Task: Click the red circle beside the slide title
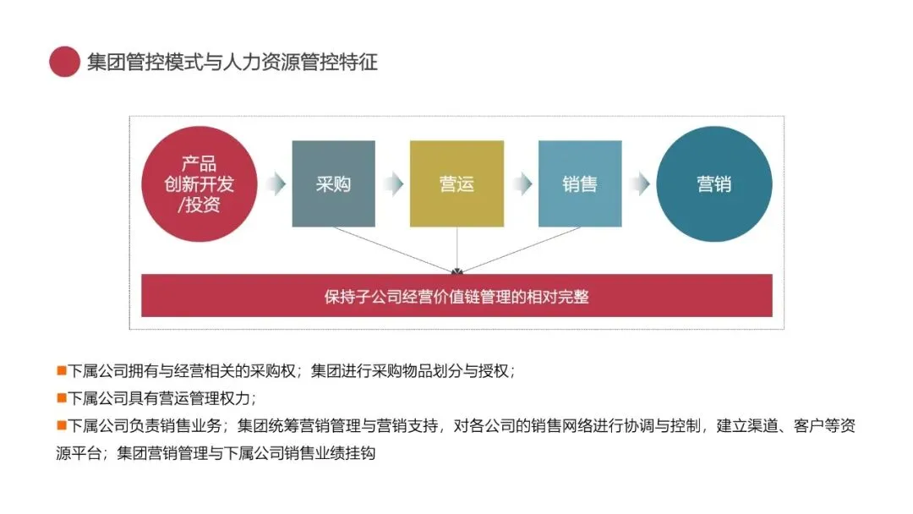tap(64, 62)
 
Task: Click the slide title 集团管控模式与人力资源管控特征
tap(232, 62)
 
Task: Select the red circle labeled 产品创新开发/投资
tap(200, 183)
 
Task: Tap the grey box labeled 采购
tap(333, 183)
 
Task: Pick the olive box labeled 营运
tap(456, 183)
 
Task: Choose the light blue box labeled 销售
tap(579, 183)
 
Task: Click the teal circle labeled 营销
tap(713, 183)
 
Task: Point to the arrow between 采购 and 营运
tap(392, 183)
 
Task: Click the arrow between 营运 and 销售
tap(521, 183)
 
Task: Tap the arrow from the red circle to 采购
tap(275, 183)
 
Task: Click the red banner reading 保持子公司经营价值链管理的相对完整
tap(456, 296)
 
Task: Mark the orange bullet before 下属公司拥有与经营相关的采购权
tap(61, 370)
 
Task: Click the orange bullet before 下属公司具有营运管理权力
tap(61, 397)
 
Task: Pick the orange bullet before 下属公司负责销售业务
tap(61, 424)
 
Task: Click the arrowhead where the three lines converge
tap(456, 271)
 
